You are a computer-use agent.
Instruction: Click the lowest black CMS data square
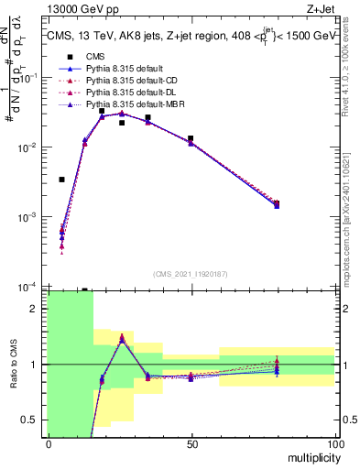tap(62, 180)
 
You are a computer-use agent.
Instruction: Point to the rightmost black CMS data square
tap(277, 203)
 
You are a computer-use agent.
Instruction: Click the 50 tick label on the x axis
tap(191, 443)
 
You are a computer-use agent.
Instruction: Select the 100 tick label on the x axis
tap(334, 443)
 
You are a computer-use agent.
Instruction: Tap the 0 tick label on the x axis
tap(49, 443)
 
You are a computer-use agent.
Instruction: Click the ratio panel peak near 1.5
tap(122, 337)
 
